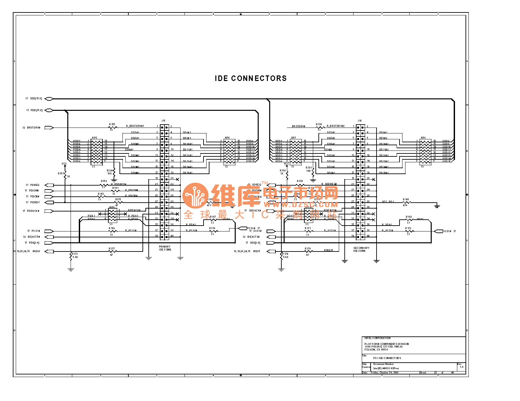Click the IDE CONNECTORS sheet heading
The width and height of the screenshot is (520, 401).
250,78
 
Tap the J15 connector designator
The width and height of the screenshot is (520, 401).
163,121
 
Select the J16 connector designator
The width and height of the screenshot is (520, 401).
360,121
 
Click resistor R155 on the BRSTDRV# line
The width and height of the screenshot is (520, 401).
112,127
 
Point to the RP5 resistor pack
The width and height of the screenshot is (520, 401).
97,152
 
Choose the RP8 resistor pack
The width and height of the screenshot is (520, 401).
425,152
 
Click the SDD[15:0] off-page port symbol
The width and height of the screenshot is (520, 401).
49,99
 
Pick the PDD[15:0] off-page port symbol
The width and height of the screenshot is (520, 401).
49,110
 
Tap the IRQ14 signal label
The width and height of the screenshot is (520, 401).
36,251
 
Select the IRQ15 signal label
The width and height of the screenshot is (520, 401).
257,251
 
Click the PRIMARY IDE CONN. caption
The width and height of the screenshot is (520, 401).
165,248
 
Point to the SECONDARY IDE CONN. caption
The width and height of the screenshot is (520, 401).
361,250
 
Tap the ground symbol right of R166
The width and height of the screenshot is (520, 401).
437,206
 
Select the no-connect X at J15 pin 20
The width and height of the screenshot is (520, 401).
178,179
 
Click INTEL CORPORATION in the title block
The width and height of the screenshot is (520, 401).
378,338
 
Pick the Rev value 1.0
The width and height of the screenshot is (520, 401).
462,367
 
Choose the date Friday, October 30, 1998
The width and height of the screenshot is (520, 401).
385,372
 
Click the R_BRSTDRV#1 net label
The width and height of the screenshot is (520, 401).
135,126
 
